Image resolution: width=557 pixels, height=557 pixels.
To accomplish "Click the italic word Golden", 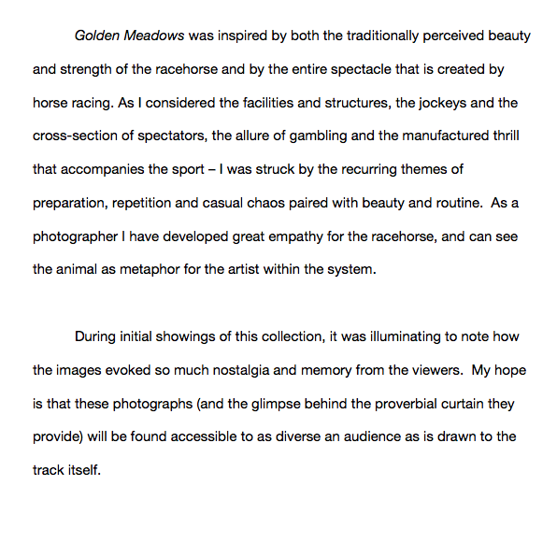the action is point(97,36).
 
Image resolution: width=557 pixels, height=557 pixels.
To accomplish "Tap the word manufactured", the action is point(438,136).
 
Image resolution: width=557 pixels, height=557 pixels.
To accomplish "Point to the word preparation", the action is point(71,203).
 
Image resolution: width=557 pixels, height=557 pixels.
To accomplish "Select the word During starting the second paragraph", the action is point(97,336).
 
